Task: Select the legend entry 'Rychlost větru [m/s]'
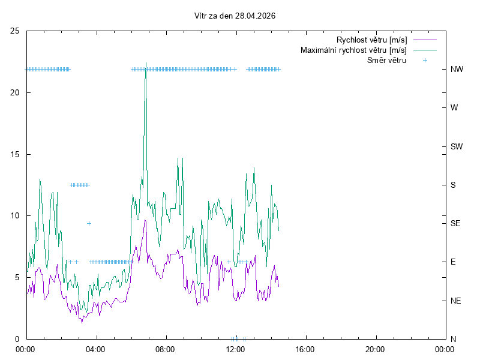click(x=371, y=40)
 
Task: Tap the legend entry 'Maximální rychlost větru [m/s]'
click(x=353, y=50)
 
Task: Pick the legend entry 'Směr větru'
click(x=386, y=60)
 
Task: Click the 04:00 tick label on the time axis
click(x=95, y=348)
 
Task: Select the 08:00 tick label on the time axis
click(x=165, y=348)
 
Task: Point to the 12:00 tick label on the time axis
click(x=235, y=348)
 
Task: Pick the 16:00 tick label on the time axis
click(x=305, y=348)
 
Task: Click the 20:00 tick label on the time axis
click(x=375, y=348)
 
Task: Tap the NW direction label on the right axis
click(x=457, y=69)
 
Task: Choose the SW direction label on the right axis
click(x=457, y=146)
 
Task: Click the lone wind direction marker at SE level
click(x=89, y=223)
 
